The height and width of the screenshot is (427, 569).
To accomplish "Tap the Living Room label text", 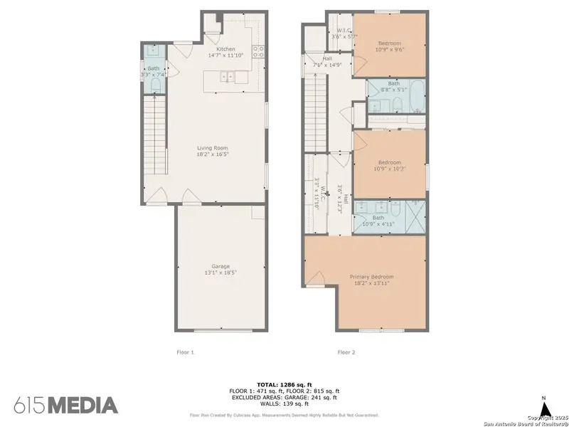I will click(213, 148).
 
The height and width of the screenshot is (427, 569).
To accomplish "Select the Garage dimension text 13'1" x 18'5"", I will click(220, 272).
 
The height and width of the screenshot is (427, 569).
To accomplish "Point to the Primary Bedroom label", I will click(371, 276).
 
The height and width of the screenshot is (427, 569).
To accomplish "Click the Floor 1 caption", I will click(185, 352).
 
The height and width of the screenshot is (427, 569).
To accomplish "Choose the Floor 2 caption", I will click(346, 352).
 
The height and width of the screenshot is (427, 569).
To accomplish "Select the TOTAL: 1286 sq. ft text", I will click(284, 384).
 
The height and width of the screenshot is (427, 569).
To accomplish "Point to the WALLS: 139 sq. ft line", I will click(284, 403).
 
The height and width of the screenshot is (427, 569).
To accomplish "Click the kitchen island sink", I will click(228, 76).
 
